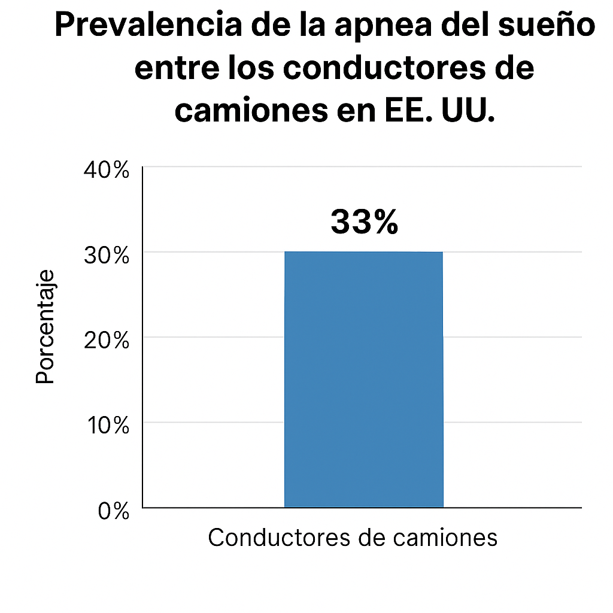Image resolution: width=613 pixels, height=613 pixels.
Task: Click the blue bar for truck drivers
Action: pyautogui.click(x=363, y=379)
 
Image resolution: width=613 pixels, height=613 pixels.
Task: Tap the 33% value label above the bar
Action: pyautogui.click(x=364, y=222)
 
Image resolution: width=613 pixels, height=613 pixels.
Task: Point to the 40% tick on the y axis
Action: pyautogui.click(x=107, y=170)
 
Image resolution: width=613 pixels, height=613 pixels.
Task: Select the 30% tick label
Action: pyautogui.click(x=107, y=256)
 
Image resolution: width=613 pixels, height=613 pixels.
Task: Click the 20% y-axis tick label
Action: pyautogui.click(x=107, y=341)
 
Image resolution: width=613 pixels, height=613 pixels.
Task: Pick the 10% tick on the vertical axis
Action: pyautogui.click(x=107, y=426)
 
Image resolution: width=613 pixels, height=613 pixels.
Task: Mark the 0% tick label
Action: pyautogui.click(x=113, y=512)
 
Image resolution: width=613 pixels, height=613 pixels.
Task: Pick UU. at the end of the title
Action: pyautogui.click(x=466, y=112)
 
